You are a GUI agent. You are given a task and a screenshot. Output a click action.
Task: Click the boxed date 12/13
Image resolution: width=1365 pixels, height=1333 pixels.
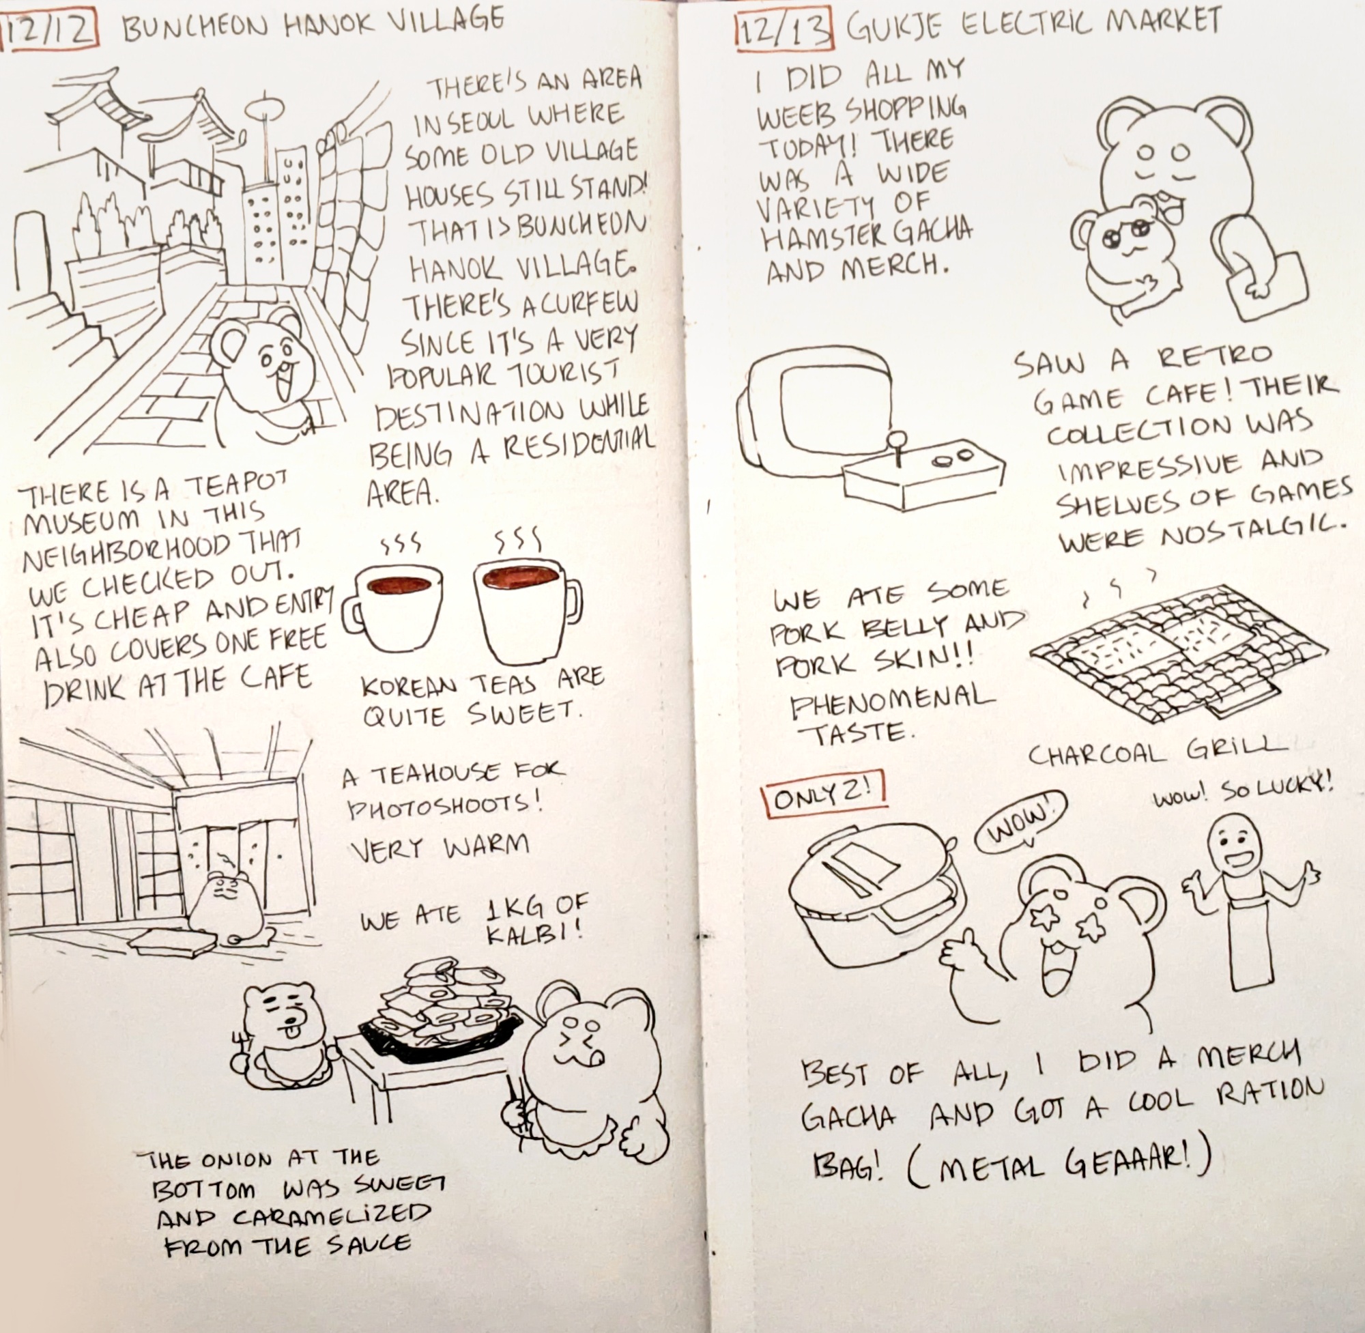pyautogui.click(x=785, y=32)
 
